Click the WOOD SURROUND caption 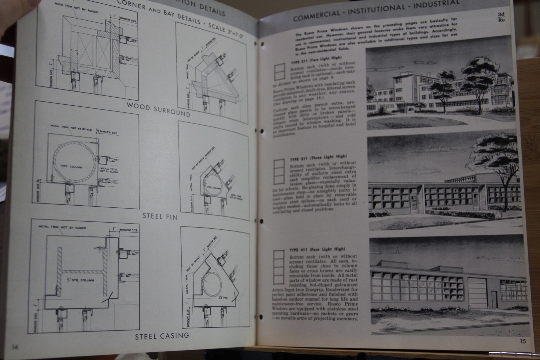coord(158,109)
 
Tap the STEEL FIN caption coord(160,216)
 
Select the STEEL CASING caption coord(162,336)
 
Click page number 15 coord(522,341)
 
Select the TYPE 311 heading coord(318,157)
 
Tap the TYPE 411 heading coord(317,250)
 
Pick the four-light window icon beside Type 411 coord(279,266)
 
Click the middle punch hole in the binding coord(262,221)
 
